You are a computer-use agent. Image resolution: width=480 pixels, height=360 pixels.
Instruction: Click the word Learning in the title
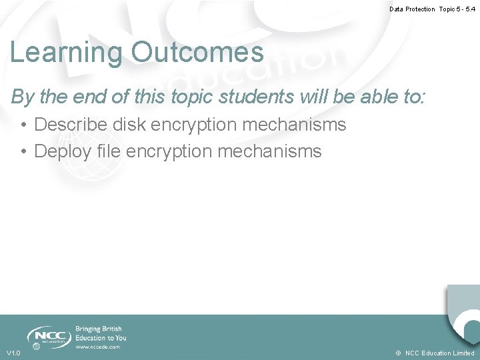65,53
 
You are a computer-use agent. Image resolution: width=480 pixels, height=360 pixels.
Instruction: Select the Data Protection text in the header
412,9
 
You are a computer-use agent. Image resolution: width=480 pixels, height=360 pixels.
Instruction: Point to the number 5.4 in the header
470,9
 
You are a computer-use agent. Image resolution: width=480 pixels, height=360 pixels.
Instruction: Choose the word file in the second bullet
111,151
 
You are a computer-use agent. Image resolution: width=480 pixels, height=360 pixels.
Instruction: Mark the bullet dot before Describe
23,125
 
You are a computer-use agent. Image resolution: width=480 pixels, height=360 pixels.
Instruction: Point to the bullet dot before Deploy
23,152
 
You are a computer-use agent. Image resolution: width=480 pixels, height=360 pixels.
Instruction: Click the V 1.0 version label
13,353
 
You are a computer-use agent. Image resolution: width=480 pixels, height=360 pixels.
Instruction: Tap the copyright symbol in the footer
398,353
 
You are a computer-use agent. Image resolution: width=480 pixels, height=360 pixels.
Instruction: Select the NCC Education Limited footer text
440,353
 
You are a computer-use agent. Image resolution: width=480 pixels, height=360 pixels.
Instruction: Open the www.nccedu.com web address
98,347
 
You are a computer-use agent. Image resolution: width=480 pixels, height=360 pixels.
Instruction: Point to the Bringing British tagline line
99,329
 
